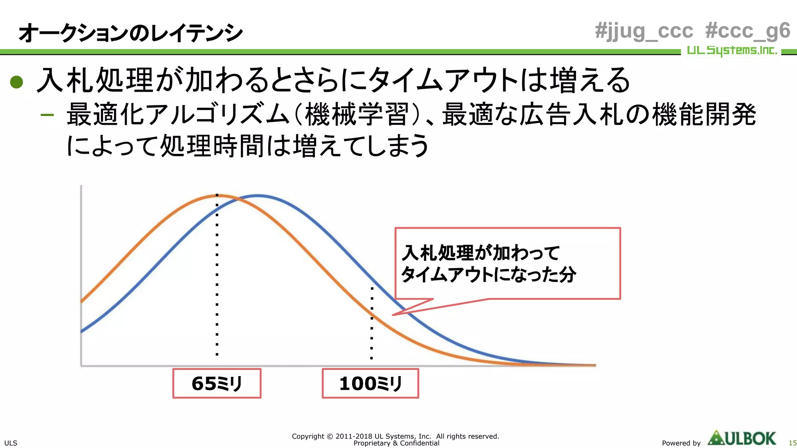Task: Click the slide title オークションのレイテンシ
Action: click(130, 33)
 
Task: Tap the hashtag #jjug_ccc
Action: click(644, 31)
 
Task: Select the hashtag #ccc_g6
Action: click(747, 31)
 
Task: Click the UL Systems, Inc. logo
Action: click(732, 51)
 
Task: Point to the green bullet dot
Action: click(17, 82)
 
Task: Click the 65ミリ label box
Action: click(217, 383)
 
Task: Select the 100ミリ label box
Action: click(370, 383)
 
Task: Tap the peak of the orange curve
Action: click(217, 196)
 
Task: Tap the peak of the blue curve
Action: click(258, 196)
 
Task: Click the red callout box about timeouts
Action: click(507, 263)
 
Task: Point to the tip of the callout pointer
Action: click(393, 315)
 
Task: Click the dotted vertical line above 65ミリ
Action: click(217, 280)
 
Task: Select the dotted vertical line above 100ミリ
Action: click(372, 323)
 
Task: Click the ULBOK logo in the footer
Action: click(742, 438)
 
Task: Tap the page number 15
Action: click(792, 443)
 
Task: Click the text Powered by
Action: click(681, 443)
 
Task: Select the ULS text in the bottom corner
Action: click(11, 443)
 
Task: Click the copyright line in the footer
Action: click(395, 436)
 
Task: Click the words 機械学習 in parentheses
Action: click(356, 115)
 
